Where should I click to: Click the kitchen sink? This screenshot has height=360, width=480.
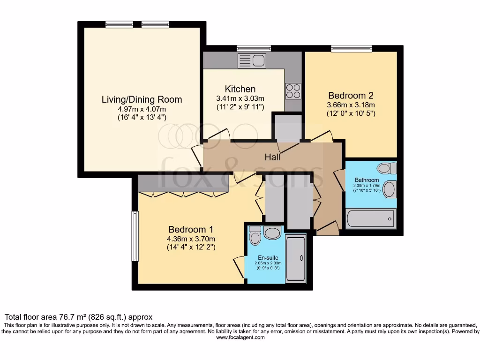252,60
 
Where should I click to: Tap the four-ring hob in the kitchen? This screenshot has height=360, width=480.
293,90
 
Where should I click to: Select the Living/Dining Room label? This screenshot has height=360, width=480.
142,99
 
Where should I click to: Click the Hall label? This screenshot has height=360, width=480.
272,157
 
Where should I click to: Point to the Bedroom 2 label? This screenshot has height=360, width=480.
351,95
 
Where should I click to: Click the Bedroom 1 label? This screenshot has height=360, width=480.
191,229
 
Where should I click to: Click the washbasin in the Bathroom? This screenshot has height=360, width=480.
389,189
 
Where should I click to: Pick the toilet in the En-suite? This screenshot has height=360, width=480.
255,236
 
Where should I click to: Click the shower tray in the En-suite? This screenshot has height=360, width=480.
295,259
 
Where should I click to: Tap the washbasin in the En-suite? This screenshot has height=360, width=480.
272,232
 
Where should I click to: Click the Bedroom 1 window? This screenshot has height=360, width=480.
135,236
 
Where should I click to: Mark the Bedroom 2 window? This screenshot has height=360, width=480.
351,48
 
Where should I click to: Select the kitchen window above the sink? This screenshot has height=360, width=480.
254,48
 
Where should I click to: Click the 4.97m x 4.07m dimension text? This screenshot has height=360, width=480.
142,109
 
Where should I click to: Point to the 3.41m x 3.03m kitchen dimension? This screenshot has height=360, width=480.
240,98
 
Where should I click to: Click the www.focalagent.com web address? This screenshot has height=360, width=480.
240,337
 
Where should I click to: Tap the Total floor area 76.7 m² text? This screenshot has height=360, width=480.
78,317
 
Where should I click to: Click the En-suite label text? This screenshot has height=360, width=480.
268,258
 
